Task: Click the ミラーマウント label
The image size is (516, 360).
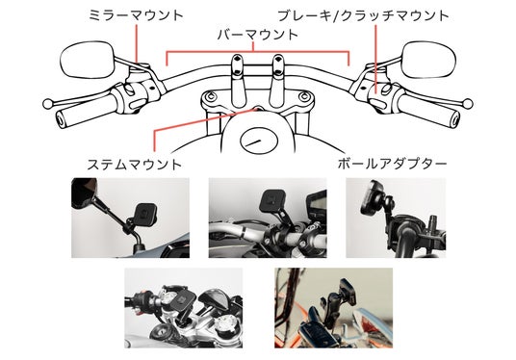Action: pyautogui.click(x=136, y=15)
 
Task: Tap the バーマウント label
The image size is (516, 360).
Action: pyautogui.click(x=258, y=35)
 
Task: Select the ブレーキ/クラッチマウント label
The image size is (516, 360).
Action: pyautogui.click(x=363, y=15)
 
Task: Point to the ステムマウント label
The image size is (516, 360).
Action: pyautogui.click(x=134, y=165)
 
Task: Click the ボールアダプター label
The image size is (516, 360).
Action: pyautogui.click(x=392, y=164)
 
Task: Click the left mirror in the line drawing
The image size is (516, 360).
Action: pyautogui.click(x=87, y=60)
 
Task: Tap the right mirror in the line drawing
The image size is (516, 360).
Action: pyautogui.click(x=428, y=60)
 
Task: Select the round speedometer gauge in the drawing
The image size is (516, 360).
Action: pyautogui.click(x=259, y=141)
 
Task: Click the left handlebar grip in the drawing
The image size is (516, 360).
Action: pyautogui.click(x=86, y=114)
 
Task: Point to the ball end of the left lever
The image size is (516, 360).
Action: pyautogui.click(x=48, y=104)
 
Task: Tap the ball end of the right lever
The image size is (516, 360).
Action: pyautogui.click(x=468, y=103)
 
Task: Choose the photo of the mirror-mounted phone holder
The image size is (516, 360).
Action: pyautogui.click(x=130, y=218)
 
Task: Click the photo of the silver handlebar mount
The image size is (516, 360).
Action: pyautogui.click(x=268, y=218)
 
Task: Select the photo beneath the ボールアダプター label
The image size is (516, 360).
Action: pyautogui.click(x=396, y=218)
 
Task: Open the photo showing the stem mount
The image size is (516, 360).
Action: pyautogui.click(x=183, y=308)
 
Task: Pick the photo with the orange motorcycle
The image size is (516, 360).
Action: pyautogui.click(x=333, y=308)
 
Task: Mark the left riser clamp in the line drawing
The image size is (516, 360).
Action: pyautogui.click(x=238, y=81)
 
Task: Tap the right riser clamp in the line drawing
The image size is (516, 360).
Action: pyautogui.click(x=278, y=81)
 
